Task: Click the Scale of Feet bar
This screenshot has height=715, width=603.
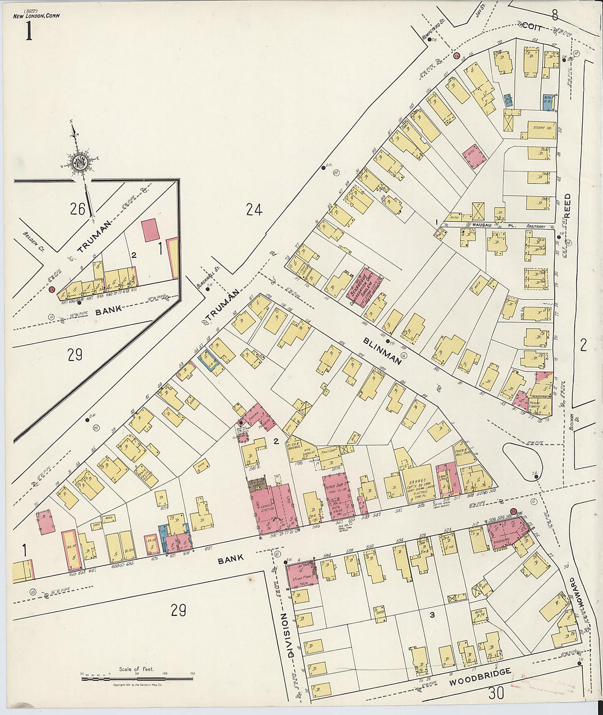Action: pyautogui.click(x=137, y=679)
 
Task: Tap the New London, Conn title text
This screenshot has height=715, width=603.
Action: pyautogui.click(x=37, y=16)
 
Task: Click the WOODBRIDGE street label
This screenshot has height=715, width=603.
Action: pyautogui.click(x=480, y=677)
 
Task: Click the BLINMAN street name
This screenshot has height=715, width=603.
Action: pyautogui.click(x=382, y=350)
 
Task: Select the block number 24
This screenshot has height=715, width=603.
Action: pyautogui.click(x=253, y=209)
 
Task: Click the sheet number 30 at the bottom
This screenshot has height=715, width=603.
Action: pyautogui.click(x=496, y=694)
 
